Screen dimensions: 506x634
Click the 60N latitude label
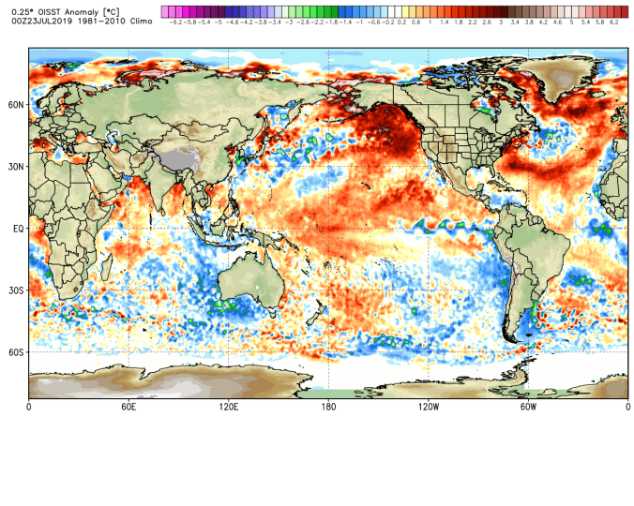[16, 105]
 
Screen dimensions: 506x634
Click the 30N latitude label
[16, 167]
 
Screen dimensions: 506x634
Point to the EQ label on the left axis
[18, 229]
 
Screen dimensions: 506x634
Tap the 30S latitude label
[16, 290]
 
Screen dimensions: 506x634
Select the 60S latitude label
[16, 352]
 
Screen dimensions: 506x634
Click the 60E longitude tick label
[128, 408]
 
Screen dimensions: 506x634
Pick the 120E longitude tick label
[229, 408]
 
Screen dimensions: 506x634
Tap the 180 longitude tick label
[328, 408]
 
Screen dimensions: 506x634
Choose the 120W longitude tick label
[429, 408]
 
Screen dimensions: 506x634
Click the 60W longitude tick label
[528, 408]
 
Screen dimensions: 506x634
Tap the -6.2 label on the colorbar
[174, 21]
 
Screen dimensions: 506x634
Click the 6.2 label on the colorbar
[613, 21]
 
